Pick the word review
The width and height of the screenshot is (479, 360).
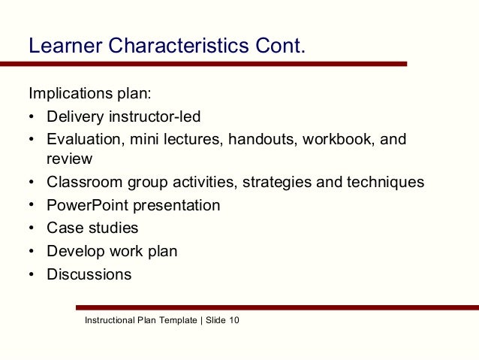(69, 159)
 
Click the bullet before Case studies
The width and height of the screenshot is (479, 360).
(32, 228)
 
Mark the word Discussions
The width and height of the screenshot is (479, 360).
(89, 274)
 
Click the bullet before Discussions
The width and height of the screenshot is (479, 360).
(32, 274)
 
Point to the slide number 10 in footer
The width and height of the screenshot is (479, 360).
(233, 321)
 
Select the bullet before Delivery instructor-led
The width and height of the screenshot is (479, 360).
(32, 117)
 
